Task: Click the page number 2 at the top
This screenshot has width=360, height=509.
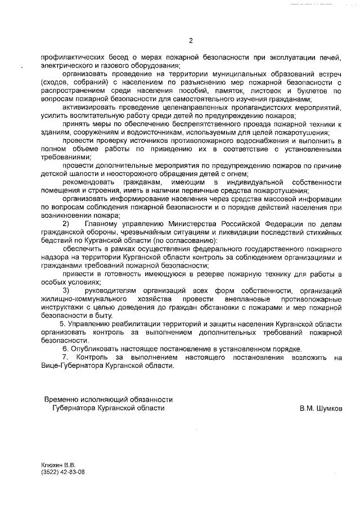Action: [191, 40]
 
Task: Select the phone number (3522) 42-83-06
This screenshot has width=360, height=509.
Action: [62, 472]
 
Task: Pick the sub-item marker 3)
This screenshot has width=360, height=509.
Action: [66, 290]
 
